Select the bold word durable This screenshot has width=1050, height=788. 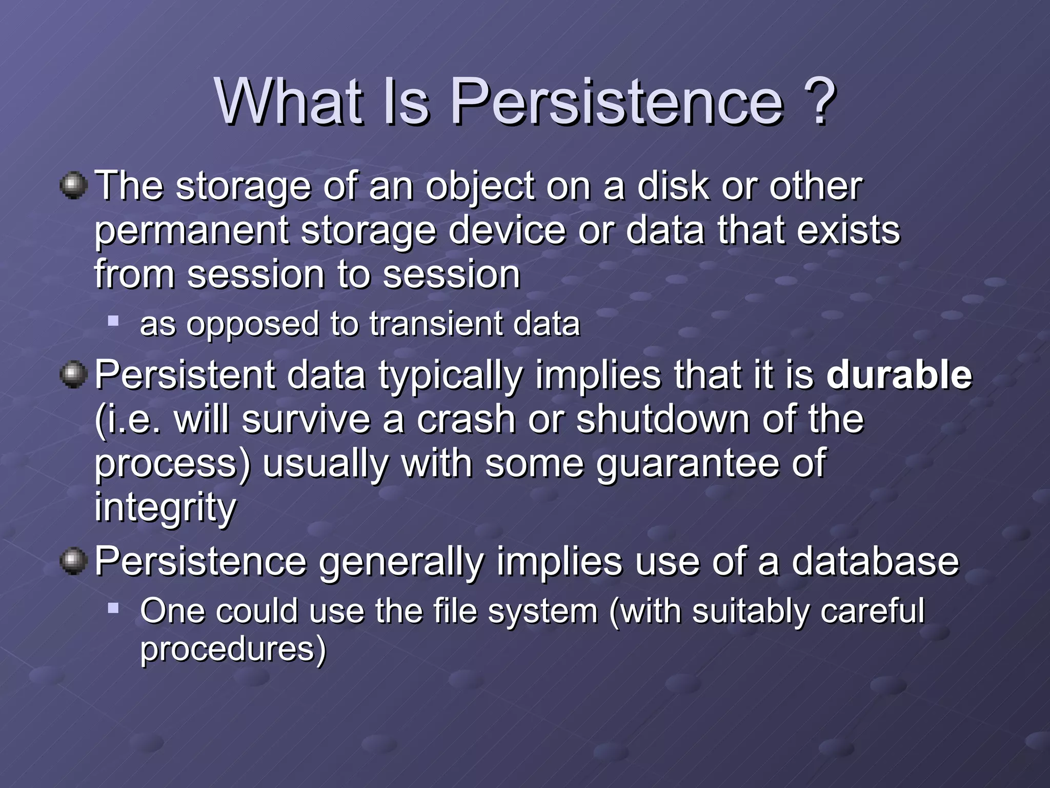[899, 375]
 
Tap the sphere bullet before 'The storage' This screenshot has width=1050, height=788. [73, 185]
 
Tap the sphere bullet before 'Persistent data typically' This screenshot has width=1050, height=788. [73, 375]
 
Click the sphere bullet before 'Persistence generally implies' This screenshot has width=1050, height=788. [73, 561]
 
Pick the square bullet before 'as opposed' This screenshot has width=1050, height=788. [113, 322]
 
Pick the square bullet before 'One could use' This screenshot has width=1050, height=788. [113, 609]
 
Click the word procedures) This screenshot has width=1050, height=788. [233, 649]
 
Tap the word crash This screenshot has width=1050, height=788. [465, 419]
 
